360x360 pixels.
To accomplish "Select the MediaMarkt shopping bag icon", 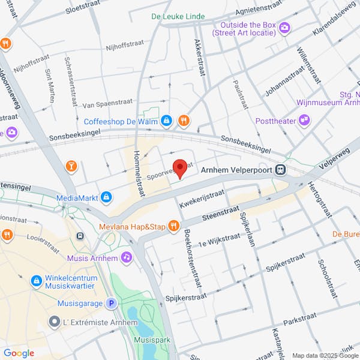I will click(x=106, y=197).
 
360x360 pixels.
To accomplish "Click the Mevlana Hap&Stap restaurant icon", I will click(x=173, y=226).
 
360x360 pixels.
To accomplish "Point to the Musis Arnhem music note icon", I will click(x=126, y=257).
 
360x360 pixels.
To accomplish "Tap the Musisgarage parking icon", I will click(x=111, y=304).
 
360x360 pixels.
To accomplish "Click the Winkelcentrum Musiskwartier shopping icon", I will click(x=36, y=280).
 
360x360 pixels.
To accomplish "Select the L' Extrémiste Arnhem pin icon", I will click(x=55, y=322).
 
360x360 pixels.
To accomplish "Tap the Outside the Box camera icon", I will click(x=284, y=27).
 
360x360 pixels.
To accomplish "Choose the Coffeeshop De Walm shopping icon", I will click(x=167, y=121).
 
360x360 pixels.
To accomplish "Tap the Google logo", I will click(x=19, y=353).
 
